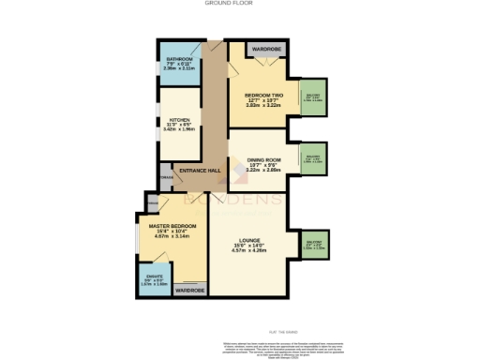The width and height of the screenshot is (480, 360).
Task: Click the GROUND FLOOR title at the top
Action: point(239,4)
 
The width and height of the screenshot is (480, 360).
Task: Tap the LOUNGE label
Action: point(258,242)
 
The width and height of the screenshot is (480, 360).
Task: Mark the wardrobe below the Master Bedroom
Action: point(191,291)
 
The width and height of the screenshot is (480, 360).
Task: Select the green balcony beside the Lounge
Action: point(312,246)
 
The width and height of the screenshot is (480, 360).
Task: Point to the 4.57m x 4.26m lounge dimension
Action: point(258,253)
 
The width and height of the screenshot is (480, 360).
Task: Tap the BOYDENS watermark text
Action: point(236,202)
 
